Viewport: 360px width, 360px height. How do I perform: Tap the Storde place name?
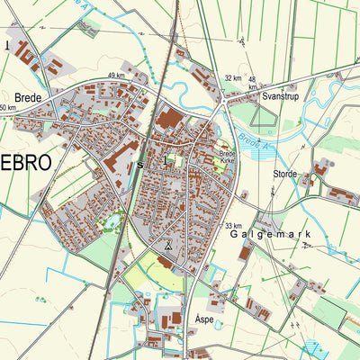(x=285, y=174)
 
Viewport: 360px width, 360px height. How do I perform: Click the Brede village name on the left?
(x=27, y=94)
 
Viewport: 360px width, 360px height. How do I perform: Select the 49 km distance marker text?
(x=116, y=76)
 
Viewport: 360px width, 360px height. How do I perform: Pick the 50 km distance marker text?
(x=7, y=108)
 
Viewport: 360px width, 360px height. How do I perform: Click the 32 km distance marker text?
(x=233, y=79)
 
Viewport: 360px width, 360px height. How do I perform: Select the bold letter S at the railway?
(x=139, y=166)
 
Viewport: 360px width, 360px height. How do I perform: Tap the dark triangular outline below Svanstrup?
(x=263, y=115)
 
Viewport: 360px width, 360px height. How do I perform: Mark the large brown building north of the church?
(x=167, y=118)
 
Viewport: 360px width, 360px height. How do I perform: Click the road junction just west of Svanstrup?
(x=222, y=102)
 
